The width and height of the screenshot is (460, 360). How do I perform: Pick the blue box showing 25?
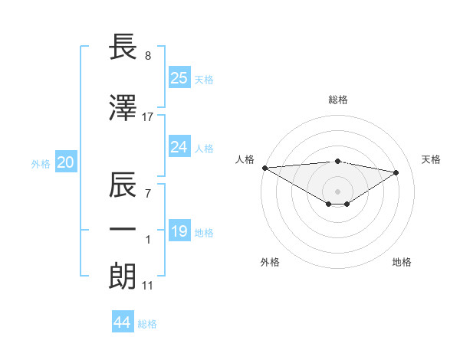coord(179,77)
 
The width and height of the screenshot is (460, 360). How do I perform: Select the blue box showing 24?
coord(179,147)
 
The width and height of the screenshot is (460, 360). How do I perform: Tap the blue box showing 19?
coord(179,231)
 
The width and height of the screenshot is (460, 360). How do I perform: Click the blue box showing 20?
coord(65,162)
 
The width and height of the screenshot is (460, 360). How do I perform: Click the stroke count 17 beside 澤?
coord(148,116)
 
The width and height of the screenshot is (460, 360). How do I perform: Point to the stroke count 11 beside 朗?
coord(148,286)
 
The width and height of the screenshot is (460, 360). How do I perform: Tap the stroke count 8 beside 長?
coord(148,56)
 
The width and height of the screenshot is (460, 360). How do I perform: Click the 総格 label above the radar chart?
coord(337,100)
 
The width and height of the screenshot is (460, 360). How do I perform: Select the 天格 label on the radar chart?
coord(432,159)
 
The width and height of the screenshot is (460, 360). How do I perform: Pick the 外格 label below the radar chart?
coord(270,262)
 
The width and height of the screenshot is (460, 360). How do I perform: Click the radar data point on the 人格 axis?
coord(264,167)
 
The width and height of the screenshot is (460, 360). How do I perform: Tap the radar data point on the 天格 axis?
coord(396,172)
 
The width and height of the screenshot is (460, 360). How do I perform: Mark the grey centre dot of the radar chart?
coord(337,190)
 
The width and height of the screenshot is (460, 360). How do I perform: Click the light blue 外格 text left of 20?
coord(40,163)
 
